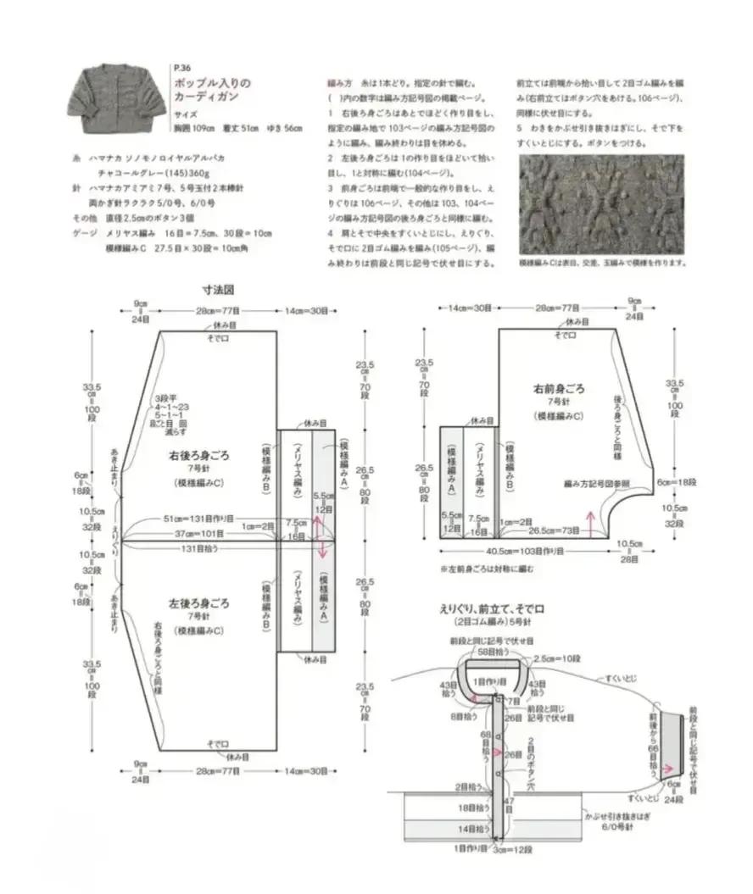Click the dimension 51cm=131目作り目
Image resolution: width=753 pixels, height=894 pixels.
pyautogui.click(x=199, y=519)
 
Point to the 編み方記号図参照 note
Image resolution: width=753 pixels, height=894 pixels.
pyautogui.click(x=598, y=483)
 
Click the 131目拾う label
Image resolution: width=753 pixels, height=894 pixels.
pyautogui.click(x=201, y=549)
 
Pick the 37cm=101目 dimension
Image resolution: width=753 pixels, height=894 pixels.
pyautogui.click(x=199, y=534)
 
